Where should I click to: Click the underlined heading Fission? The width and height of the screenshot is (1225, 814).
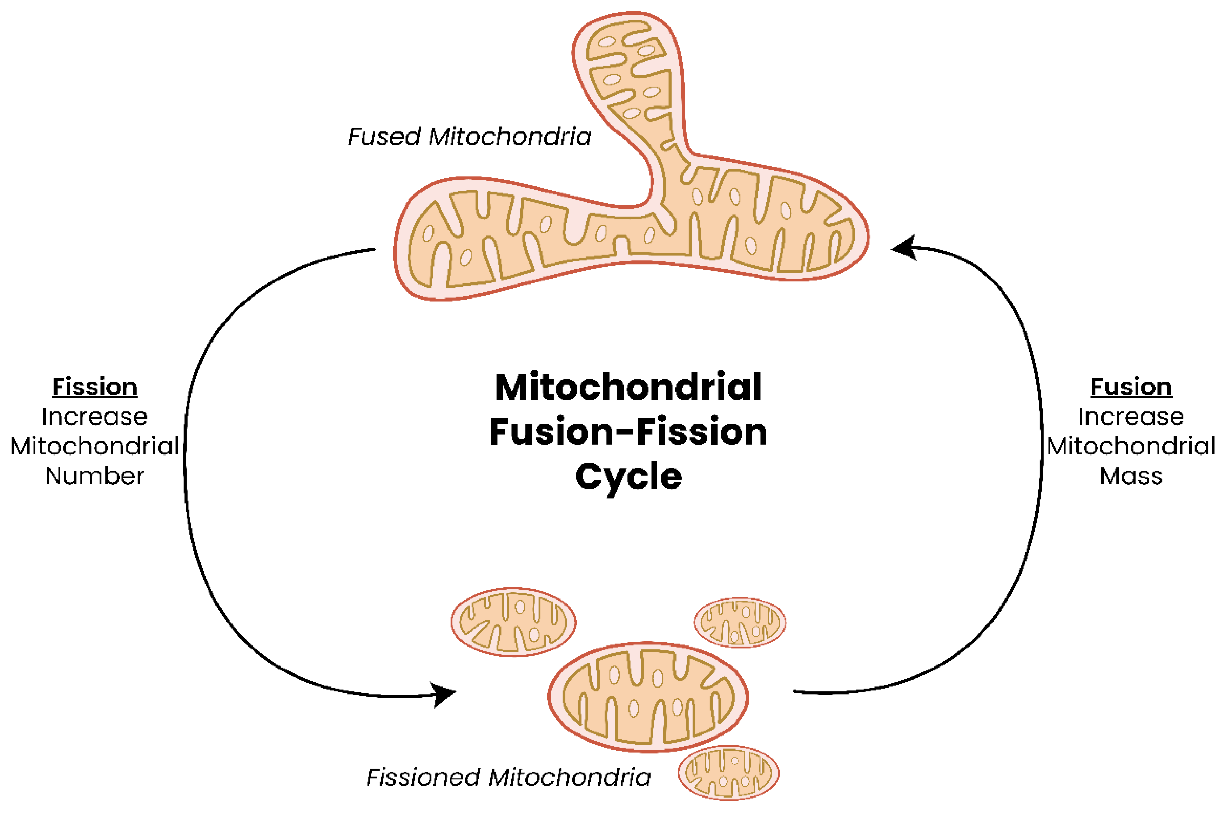pos(95,387)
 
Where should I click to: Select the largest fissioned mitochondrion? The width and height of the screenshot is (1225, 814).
pos(648,697)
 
